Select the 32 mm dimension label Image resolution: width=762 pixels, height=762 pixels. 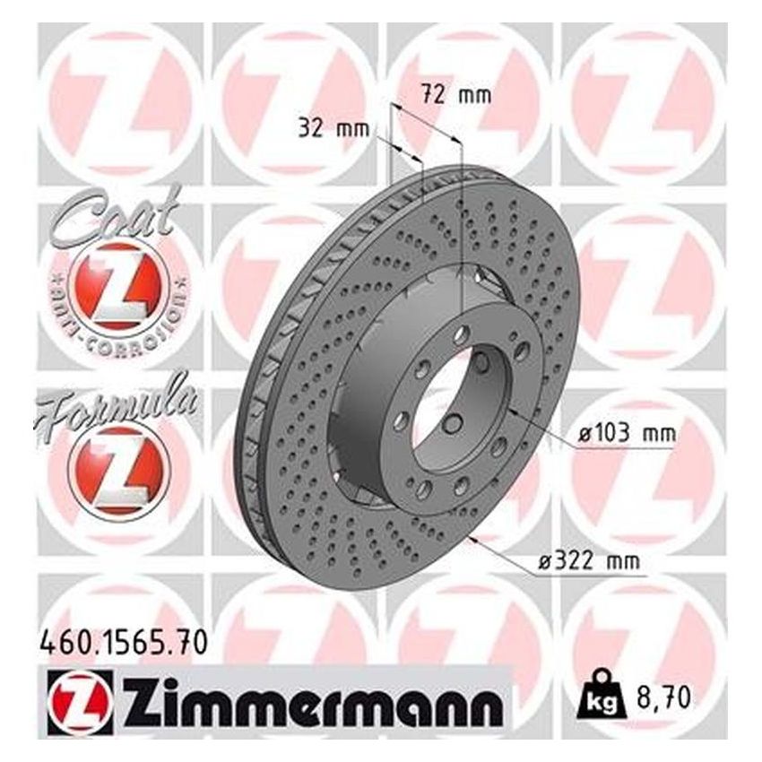pyautogui.click(x=333, y=128)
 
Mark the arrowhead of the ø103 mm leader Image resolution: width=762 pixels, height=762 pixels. pyautogui.click(x=510, y=410)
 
